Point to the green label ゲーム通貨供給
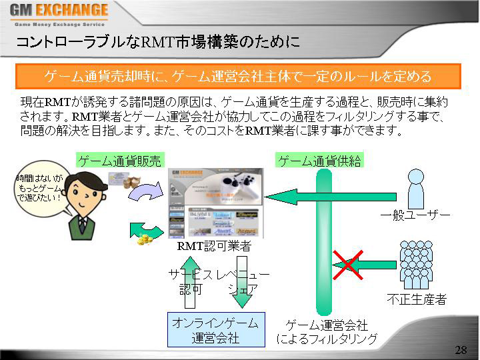pos(319,161)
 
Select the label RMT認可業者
pos(214,247)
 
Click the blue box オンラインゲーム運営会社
pos(215,329)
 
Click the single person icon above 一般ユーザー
pos(415,188)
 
